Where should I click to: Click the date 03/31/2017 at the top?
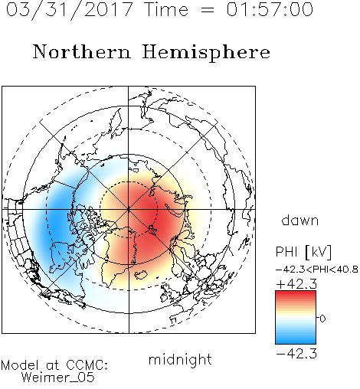(x=70, y=10)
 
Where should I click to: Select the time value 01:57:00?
(x=270, y=9)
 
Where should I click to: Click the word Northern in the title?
(x=82, y=52)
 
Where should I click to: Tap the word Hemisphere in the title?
(x=206, y=53)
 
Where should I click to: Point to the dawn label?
(x=300, y=220)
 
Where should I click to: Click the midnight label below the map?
(x=180, y=360)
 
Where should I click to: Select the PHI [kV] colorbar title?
(x=303, y=252)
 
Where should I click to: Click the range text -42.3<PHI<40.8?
(x=317, y=270)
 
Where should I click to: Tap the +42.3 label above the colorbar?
(x=296, y=284)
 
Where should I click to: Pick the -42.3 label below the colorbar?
(x=296, y=354)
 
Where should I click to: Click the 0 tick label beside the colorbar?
(x=322, y=319)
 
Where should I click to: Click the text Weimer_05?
(x=57, y=378)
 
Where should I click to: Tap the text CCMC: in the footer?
(x=87, y=365)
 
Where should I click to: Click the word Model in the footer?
(x=20, y=365)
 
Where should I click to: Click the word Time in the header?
(x=166, y=9)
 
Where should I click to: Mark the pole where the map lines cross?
(x=129, y=210)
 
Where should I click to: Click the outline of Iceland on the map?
(x=141, y=275)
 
